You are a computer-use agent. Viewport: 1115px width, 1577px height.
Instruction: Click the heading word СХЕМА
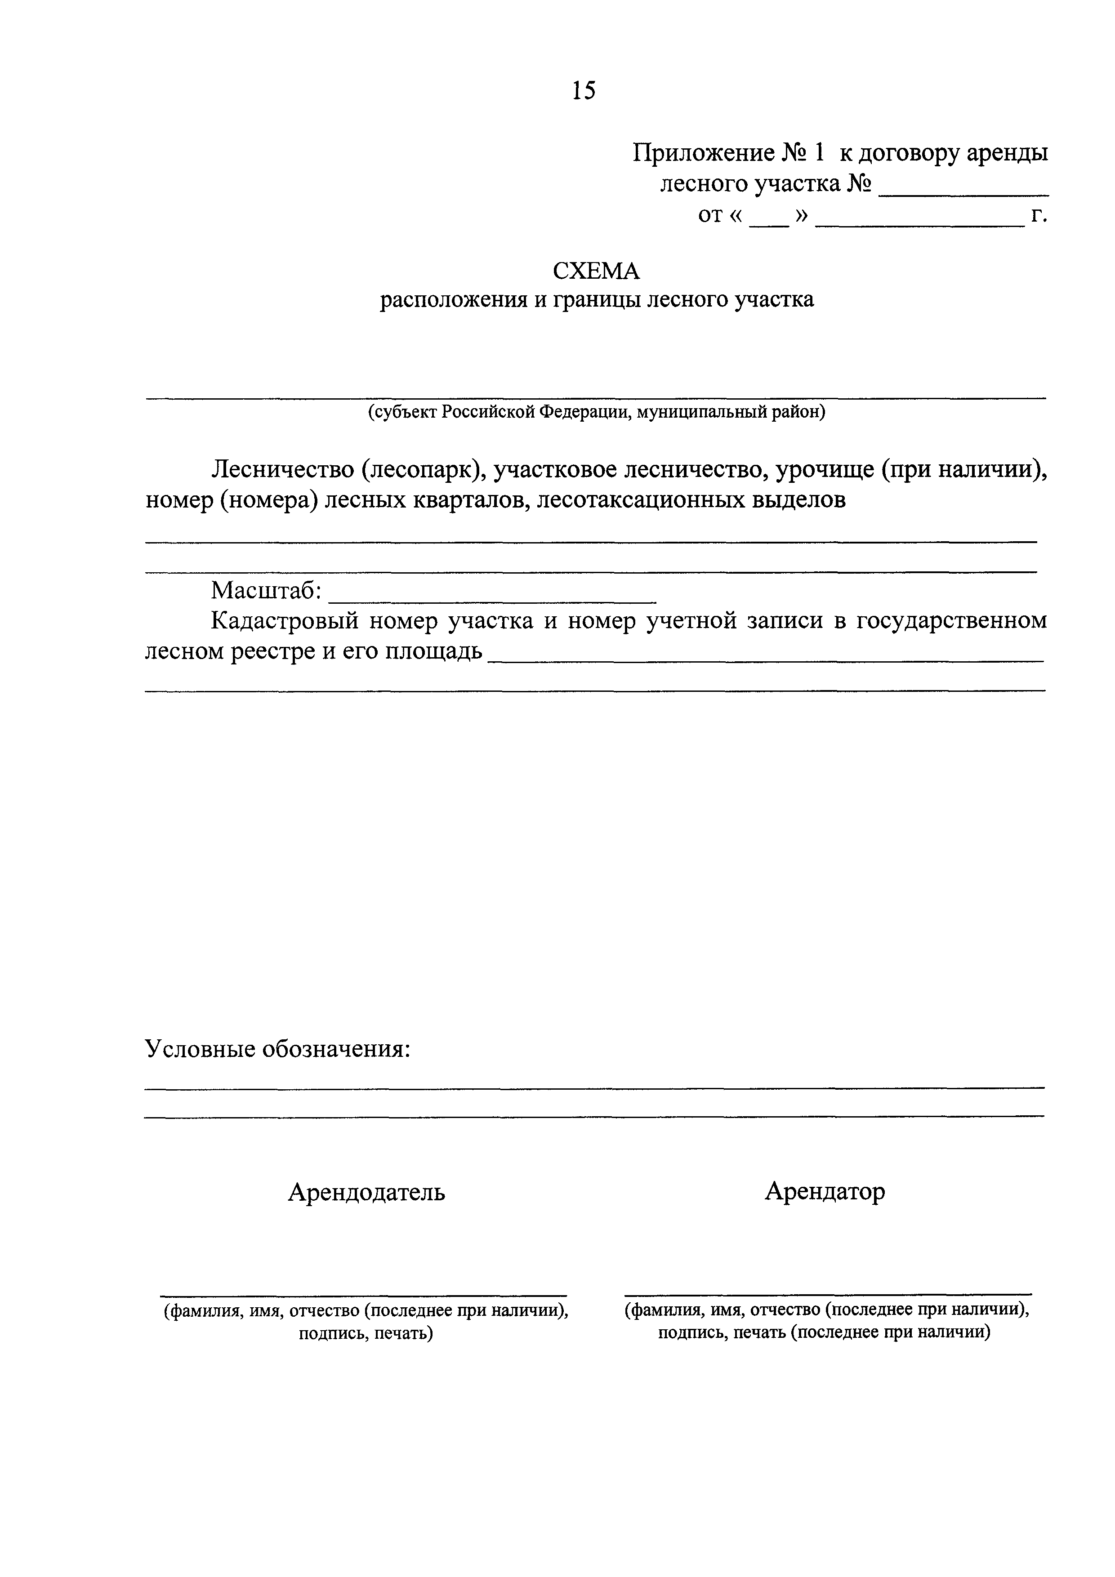[x=596, y=272]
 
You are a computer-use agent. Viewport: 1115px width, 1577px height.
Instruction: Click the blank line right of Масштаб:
[x=492, y=601]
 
